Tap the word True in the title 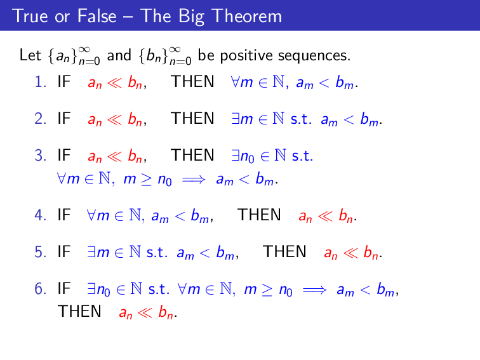[x=26, y=16]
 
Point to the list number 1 [x=39, y=82]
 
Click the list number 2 [x=39, y=119]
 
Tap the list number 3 [x=39, y=156]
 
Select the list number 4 [x=39, y=215]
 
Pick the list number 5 [x=39, y=252]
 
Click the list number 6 [x=39, y=290]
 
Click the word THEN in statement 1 [x=193, y=82]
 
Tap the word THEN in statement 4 [x=259, y=215]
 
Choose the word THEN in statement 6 [x=79, y=311]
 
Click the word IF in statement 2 [x=64, y=119]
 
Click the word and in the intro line [x=119, y=56]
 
